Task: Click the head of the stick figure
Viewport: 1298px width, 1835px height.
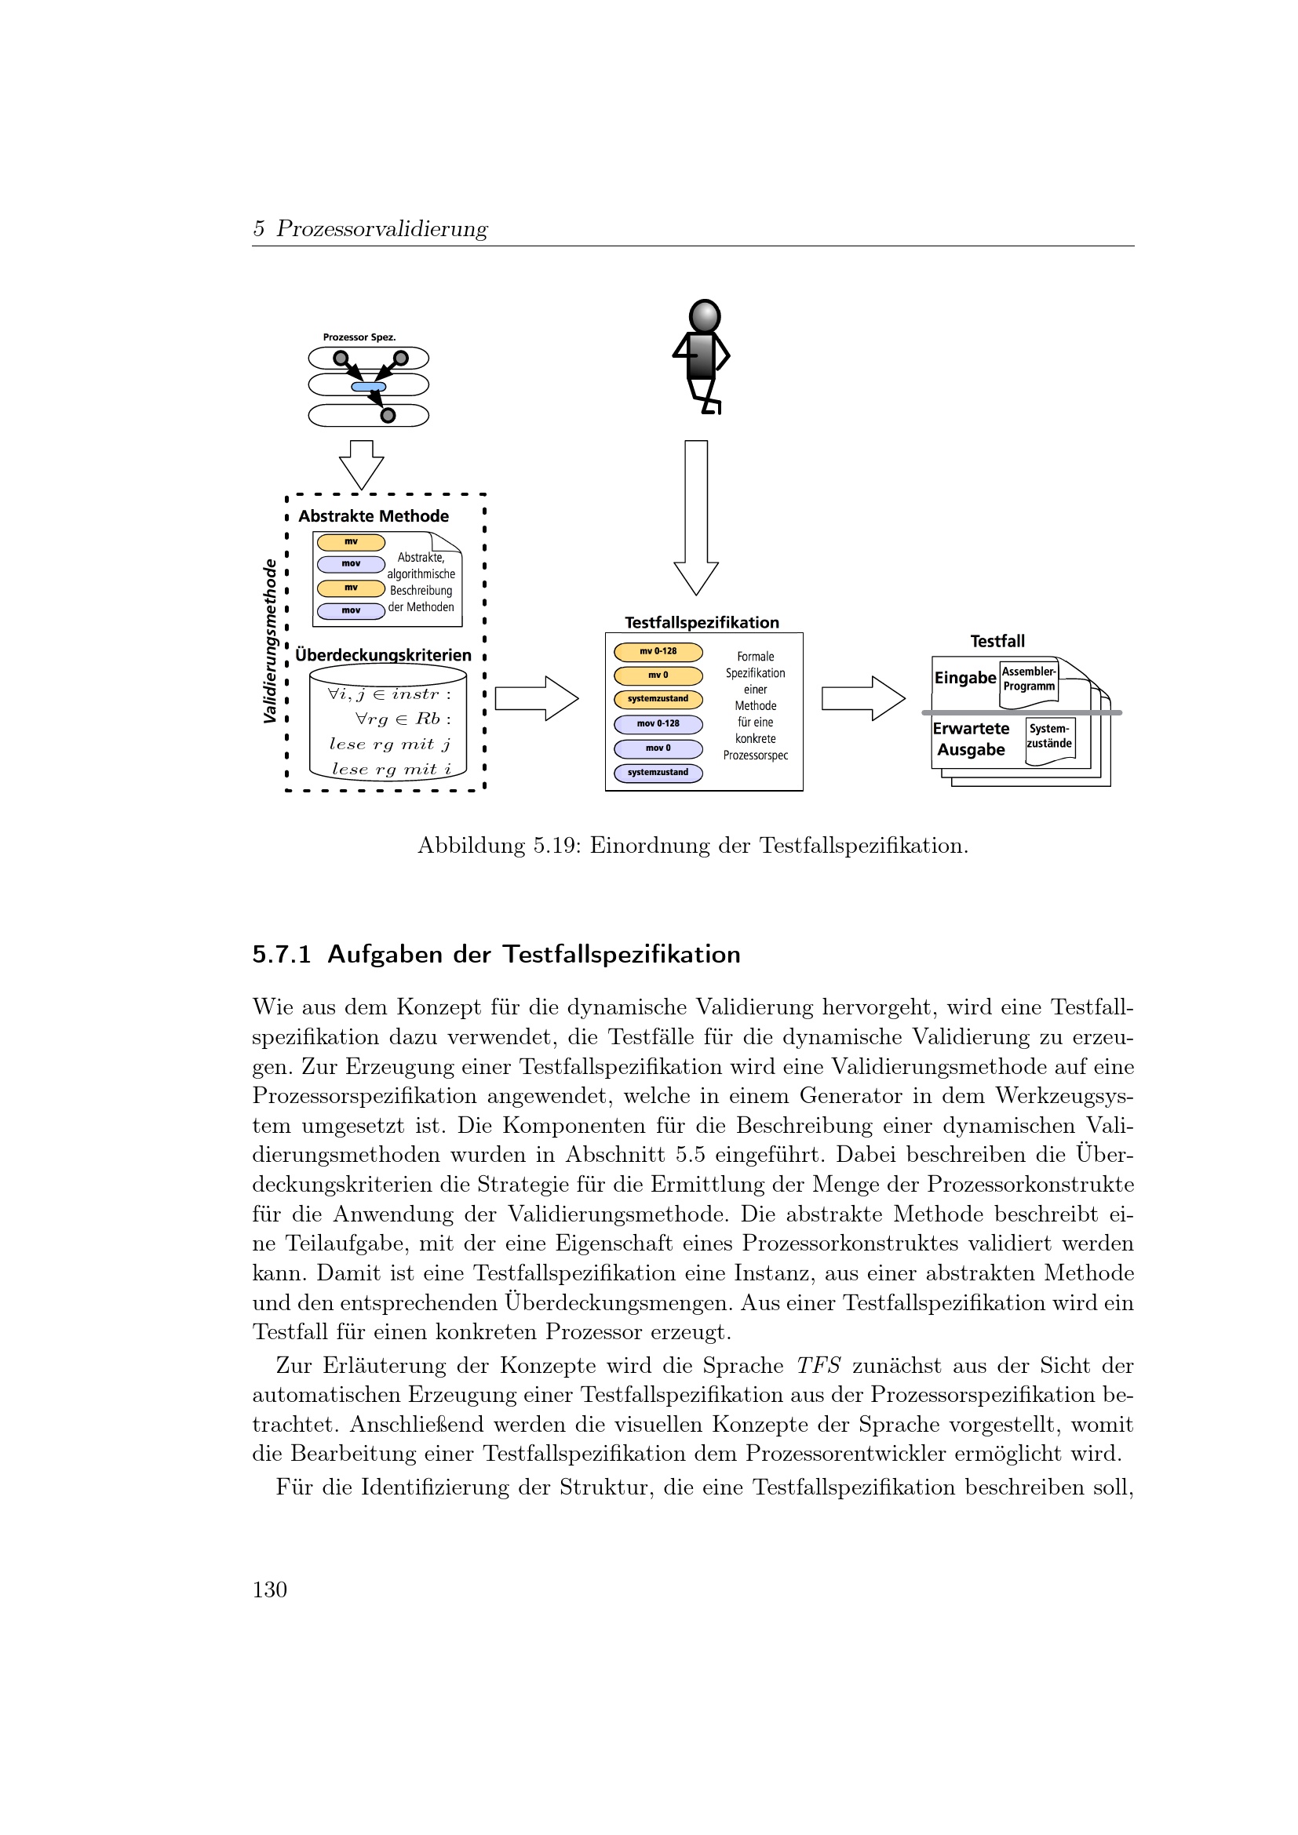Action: [704, 316]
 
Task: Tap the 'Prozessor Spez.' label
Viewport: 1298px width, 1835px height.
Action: [359, 337]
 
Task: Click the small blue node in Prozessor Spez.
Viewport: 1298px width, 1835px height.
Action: [369, 388]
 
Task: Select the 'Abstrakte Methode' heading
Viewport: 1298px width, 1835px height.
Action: [374, 516]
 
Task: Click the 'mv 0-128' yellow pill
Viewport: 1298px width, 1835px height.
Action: [658, 651]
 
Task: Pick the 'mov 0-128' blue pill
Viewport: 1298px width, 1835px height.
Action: [658, 724]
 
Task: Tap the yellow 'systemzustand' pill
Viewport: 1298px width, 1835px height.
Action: [658, 699]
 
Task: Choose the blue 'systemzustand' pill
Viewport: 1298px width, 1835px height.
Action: [658, 773]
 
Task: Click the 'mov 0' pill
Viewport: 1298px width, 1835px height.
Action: [658, 749]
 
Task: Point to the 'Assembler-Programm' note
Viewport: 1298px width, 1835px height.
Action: [1029, 680]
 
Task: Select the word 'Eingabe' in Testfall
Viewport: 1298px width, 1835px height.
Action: [964, 678]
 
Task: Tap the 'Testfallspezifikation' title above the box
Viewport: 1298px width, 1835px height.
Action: [702, 623]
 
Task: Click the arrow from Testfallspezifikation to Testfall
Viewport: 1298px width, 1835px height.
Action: [862, 698]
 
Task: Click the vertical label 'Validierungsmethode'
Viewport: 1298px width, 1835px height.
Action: [270, 641]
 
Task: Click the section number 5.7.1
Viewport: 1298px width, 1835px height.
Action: [282, 954]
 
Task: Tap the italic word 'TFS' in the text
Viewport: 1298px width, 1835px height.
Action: [818, 1366]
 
